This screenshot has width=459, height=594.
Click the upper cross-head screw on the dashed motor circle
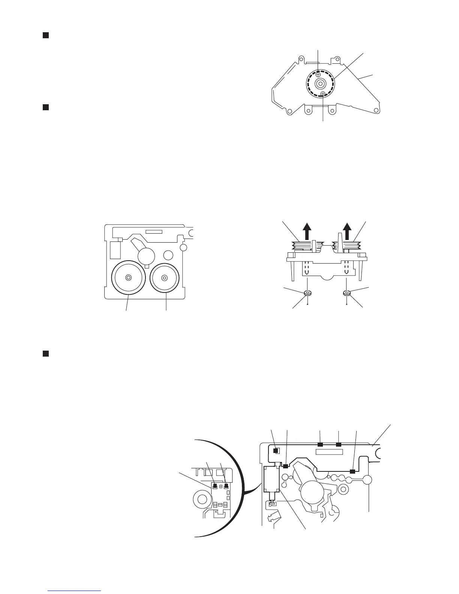318,74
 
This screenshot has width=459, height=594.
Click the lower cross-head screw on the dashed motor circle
323,94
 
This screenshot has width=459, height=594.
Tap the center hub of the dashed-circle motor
320,84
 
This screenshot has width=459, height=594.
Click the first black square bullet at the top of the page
45,35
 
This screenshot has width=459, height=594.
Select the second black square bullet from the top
45,108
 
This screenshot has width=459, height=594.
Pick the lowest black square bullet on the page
45,353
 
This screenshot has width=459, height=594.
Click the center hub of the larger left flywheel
129,277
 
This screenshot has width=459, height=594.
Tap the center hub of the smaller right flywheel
164,278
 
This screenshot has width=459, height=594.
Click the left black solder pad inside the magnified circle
215,486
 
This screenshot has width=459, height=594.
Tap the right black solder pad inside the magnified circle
226,486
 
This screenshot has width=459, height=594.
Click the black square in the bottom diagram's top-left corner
276,451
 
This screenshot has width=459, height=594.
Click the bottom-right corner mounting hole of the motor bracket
375,111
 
